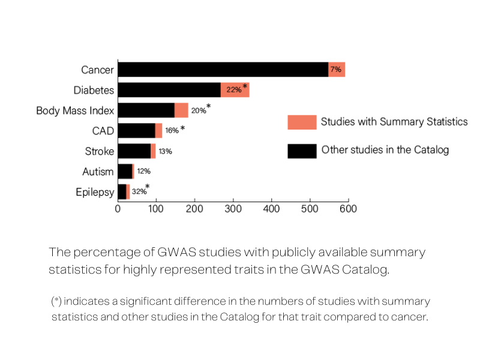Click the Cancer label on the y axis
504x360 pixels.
point(97,70)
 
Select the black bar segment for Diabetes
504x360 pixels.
point(169,90)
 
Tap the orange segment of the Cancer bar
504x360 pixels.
point(336,70)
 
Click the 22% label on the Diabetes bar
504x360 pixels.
point(233,90)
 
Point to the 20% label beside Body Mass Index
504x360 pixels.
point(198,111)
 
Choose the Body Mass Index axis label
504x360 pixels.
point(75,110)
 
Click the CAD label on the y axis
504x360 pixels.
point(103,131)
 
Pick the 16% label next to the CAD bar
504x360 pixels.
point(172,131)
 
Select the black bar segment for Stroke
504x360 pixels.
point(134,151)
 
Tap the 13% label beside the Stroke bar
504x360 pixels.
point(165,151)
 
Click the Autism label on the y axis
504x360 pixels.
point(98,172)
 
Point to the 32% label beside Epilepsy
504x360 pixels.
point(139,192)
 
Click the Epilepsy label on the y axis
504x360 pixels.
point(94,192)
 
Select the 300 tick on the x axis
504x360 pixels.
point(233,209)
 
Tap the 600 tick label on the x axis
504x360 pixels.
point(348,209)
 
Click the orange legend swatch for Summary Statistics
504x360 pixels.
point(302,122)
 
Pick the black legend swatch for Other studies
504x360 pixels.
point(302,150)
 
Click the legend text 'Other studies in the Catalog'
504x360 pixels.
point(385,150)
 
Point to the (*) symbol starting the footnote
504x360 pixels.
point(57,301)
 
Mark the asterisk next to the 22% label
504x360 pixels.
point(245,87)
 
